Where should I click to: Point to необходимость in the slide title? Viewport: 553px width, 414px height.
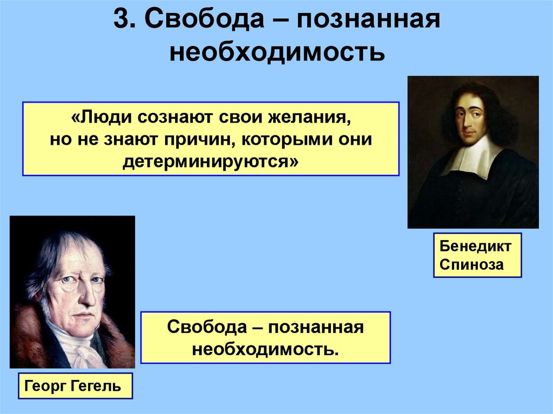pyautogui.click(x=277, y=53)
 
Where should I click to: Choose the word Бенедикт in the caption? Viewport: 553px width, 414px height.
pyautogui.click(x=475, y=247)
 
